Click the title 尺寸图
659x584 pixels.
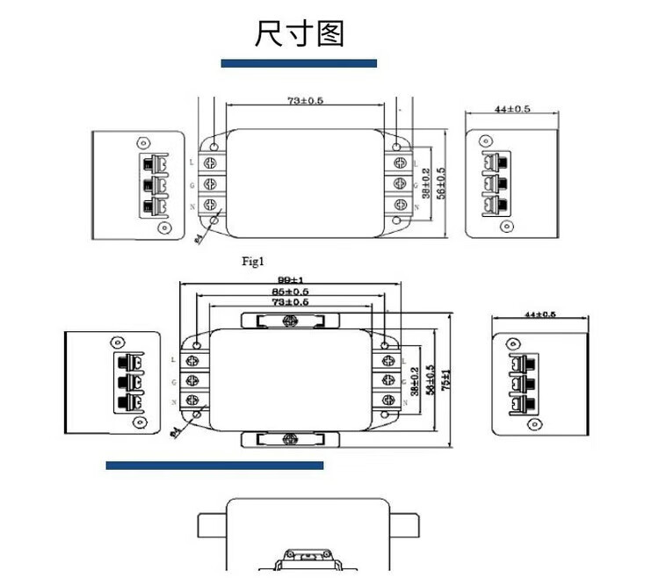301,33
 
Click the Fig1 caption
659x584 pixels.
253,261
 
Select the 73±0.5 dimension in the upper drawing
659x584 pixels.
305,101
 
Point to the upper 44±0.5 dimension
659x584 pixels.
512,109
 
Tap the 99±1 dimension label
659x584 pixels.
290,280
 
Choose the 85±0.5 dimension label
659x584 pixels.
290,291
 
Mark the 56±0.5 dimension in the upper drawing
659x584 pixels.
441,183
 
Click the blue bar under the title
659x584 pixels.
299,63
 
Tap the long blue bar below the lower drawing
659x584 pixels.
214,465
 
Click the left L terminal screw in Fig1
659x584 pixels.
212,162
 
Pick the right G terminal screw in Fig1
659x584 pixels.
400,184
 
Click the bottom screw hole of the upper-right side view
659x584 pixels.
509,227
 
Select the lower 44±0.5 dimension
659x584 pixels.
540,314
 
